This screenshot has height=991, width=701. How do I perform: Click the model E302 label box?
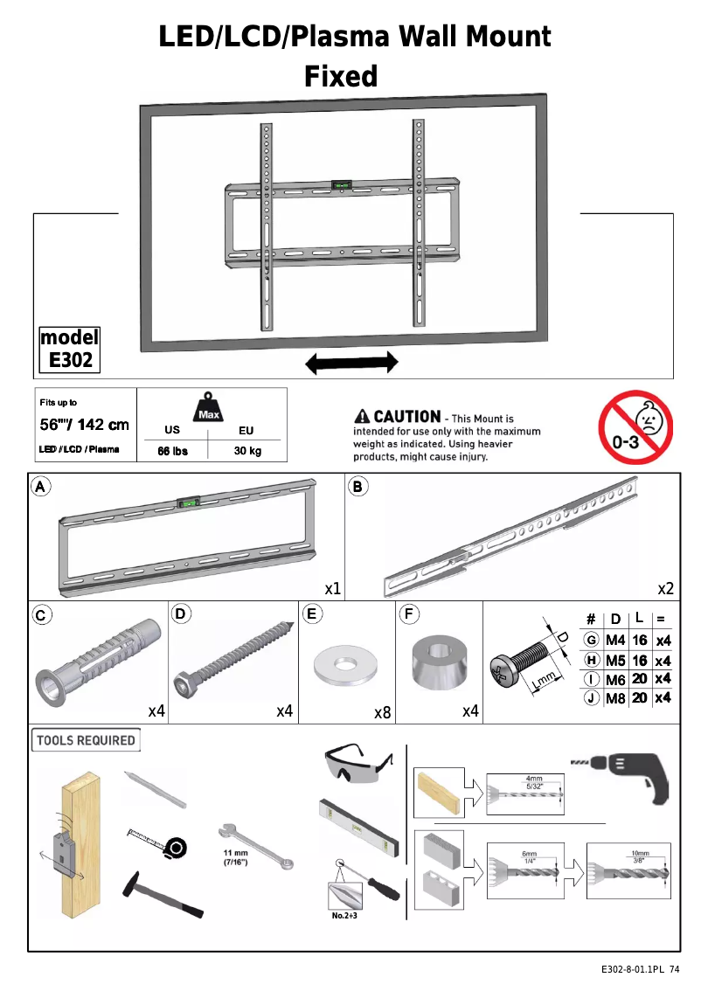point(70,349)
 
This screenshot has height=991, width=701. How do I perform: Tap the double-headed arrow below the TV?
point(350,363)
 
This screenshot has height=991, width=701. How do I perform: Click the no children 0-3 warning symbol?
point(635,428)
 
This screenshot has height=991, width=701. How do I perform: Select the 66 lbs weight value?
point(172,451)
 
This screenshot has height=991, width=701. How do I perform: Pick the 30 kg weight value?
point(247,451)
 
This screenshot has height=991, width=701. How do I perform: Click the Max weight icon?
point(208,407)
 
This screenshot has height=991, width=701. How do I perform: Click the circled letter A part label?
point(40,487)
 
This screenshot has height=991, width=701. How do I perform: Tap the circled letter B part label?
point(357,487)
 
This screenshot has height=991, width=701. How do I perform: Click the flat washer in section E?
point(340,665)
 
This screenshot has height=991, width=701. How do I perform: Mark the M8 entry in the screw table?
point(615,697)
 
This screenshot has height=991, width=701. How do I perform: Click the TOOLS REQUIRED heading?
point(86,740)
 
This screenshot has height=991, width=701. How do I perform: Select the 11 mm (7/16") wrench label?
point(236,857)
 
